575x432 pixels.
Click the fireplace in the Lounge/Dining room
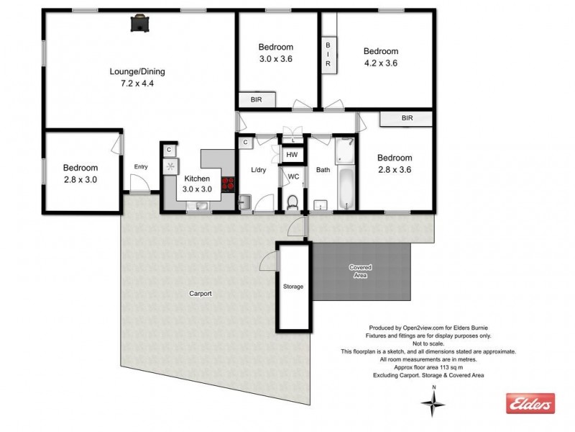point(139,24)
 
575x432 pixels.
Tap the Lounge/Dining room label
point(137,71)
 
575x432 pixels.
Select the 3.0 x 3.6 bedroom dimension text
point(276,59)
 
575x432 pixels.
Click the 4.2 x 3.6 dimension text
point(380,63)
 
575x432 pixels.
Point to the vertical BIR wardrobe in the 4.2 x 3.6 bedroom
point(328,54)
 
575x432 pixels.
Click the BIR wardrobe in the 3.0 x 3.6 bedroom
point(257,100)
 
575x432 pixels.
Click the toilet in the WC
point(293,203)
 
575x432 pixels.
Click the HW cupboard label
point(292,155)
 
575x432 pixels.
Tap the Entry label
point(140,167)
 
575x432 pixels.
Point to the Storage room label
point(293,287)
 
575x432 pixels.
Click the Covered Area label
point(360,271)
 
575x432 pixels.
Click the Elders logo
point(530,403)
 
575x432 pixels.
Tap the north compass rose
point(433,404)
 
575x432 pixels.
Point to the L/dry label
point(258,171)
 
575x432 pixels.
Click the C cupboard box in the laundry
point(245,143)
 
